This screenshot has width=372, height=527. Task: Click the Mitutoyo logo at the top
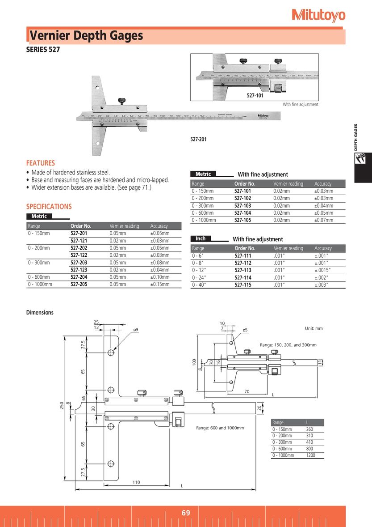click(x=318, y=15)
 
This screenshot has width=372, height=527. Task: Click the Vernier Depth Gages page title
click(x=87, y=36)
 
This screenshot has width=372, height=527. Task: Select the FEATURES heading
click(x=40, y=163)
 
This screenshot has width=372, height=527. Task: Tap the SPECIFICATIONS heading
click(x=49, y=207)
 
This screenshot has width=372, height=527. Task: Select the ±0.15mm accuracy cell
click(x=160, y=285)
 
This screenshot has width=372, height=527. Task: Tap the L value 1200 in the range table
click(x=310, y=455)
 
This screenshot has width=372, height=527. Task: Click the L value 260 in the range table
click(x=309, y=429)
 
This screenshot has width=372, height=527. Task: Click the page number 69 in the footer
click(x=186, y=513)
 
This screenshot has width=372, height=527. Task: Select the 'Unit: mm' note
click(x=313, y=328)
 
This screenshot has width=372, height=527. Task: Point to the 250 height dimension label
click(x=62, y=405)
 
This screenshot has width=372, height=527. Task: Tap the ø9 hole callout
click(x=136, y=330)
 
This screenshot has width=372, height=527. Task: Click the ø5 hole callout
click(x=245, y=330)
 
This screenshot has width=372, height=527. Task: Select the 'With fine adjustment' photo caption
click(x=300, y=104)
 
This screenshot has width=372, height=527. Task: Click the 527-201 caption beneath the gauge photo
click(x=198, y=139)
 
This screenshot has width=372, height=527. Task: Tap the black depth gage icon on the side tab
click(x=363, y=159)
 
